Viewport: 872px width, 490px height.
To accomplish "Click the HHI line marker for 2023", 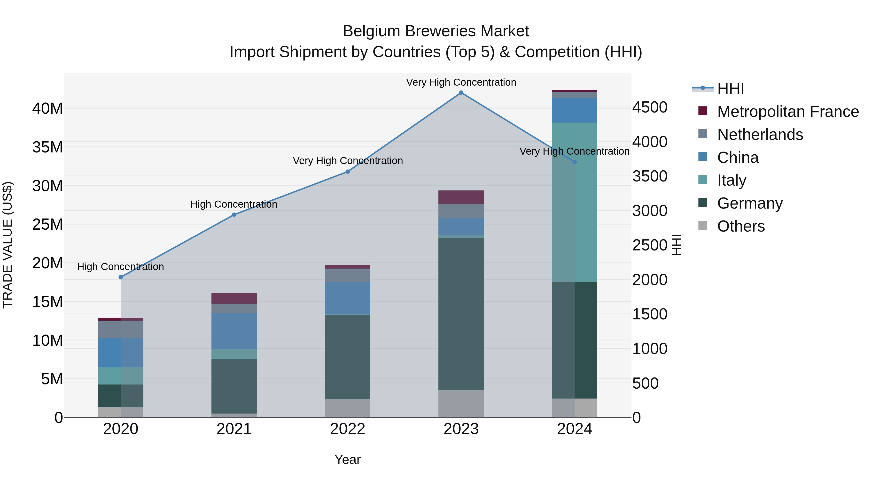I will pos(461,93).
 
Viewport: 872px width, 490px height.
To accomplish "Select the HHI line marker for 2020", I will pos(121,277).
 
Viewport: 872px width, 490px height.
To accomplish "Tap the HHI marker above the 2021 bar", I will pos(234,215).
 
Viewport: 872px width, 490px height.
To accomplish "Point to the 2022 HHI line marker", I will pos(348,172).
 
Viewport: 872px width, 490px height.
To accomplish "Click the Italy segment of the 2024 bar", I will pos(575,202).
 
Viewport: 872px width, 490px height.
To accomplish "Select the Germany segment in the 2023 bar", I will pos(461,314).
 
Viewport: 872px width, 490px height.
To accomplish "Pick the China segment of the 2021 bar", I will pos(234,331).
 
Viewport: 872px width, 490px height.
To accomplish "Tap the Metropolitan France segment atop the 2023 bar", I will pos(461,197).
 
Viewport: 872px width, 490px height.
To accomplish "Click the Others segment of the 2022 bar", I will pos(348,408).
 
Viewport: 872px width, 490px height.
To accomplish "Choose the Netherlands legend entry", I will pos(760,135).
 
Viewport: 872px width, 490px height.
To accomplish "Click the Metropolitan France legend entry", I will pos(788,112).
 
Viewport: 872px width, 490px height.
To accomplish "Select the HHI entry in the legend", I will pos(731,89).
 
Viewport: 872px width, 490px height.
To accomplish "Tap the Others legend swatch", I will pos(703,226).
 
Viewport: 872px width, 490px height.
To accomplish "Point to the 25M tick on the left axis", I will pos(47,225).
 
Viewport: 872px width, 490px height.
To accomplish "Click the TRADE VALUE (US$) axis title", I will pos(8,245).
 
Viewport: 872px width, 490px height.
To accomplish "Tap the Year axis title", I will pos(348,460).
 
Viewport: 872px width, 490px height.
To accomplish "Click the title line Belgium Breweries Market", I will pos(436,31).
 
